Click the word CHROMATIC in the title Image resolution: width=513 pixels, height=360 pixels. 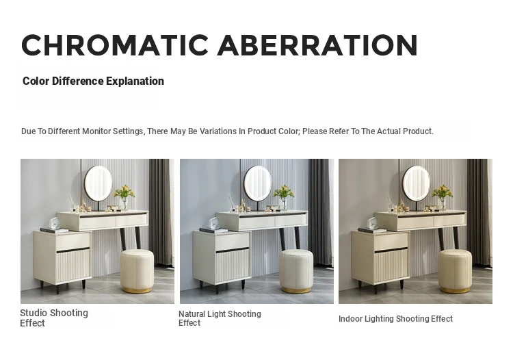click(115, 45)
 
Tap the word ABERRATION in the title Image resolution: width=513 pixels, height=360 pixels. click(317, 45)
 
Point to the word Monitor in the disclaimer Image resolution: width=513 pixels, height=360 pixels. click(96, 131)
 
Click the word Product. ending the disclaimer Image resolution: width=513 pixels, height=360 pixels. click(418, 131)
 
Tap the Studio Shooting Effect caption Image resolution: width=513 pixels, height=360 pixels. click(54, 318)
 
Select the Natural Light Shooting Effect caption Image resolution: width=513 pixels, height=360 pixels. click(220, 318)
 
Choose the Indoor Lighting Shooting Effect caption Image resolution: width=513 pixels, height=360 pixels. click(395, 319)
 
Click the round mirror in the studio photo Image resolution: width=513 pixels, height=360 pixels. click(98, 183)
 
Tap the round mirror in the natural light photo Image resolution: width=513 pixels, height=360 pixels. click(257, 183)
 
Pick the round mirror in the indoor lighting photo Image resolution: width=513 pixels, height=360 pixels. click(417, 183)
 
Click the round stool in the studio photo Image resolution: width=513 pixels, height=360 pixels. click(137, 271)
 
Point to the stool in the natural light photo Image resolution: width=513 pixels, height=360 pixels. click(296, 271)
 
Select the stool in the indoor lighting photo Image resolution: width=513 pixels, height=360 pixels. click(455, 271)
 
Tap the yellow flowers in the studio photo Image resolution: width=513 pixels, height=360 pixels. click(124, 192)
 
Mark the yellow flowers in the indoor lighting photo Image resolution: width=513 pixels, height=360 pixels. click(443, 192)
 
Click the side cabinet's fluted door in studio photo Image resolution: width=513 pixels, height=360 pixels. click(74, 266)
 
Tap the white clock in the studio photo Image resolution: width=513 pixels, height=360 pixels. click(54, 224)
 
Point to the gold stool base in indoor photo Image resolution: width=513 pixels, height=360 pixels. click(455, 290)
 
